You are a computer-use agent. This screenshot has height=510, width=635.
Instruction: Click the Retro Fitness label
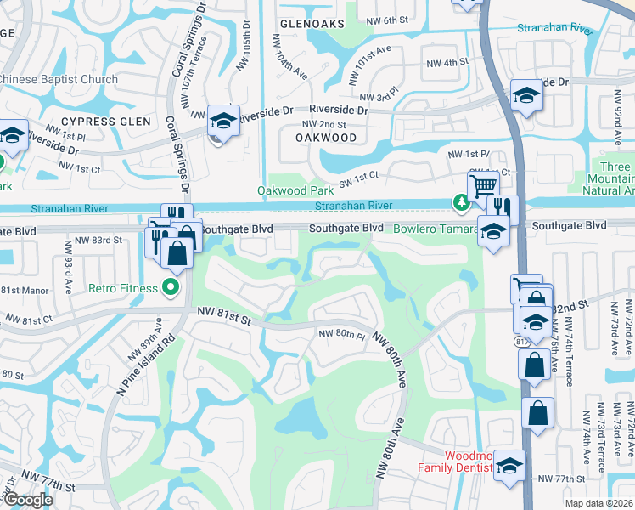[x=123, y=288]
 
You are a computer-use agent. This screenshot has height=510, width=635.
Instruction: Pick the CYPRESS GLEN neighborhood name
[x=105, y=122]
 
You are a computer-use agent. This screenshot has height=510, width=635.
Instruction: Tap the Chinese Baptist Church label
[x=59, y=80]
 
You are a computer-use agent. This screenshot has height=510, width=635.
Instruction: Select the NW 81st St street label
[x=224, y=319]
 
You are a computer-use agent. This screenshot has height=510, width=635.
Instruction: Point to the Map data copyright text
[x=598, y=503]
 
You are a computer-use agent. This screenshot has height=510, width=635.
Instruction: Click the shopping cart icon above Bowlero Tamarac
[x=483, y=185]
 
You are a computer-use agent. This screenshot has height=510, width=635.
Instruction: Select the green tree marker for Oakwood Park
[x=461, y=202]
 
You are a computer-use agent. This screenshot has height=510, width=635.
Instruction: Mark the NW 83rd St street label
[x=93, y=241]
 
